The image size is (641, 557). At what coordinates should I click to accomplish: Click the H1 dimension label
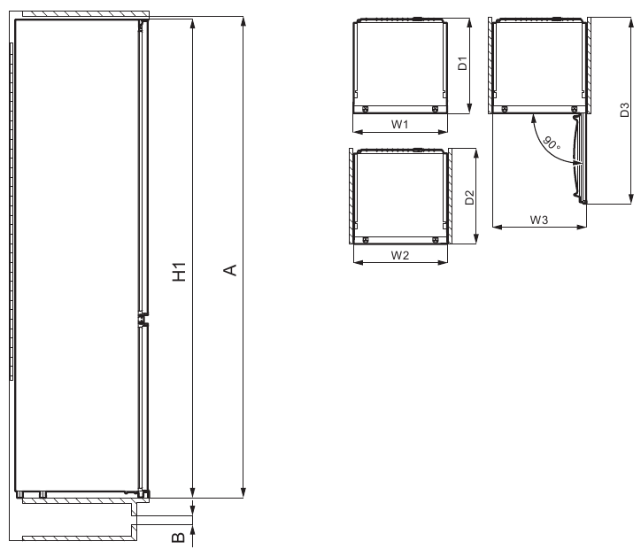(x=181, y=272)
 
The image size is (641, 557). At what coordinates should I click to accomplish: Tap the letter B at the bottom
(x=177, y=536)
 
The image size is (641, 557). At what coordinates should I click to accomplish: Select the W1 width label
(x=399, y=125)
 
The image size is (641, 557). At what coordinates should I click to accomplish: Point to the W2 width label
(x=399, y=256)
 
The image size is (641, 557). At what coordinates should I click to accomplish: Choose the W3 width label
(x=538, y=218)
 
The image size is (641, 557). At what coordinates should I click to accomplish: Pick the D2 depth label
(x=470, y=196)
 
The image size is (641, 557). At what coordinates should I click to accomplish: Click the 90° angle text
(x=551, y=143)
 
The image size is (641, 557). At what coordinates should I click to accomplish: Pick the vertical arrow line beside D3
(x=630, y=110)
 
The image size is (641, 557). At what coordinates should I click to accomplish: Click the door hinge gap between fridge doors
(x=141, y=320)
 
